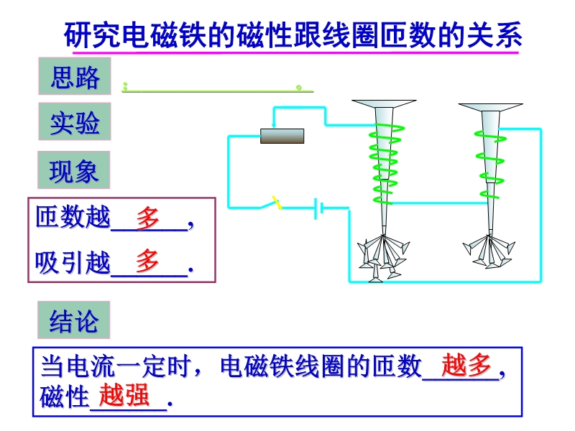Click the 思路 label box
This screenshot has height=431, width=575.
click(75, 76)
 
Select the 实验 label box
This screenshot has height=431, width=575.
click(75, 121)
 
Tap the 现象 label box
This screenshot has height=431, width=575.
click(74, 170)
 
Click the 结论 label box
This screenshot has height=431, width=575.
click(74, 320)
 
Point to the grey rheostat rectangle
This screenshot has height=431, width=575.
click(282, 136)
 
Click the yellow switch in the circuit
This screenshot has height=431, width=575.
click(277, 203)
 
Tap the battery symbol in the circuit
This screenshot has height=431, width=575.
click(318, 208)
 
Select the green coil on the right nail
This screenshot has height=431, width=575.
click(491, 164)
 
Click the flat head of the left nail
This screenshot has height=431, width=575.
click(384, 103)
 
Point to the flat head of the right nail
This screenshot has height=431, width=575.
click(491, 107)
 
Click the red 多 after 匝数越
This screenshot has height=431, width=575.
click(148, 218)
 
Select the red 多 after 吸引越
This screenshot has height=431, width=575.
click(147, 261)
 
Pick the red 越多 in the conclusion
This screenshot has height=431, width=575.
click(466, 366)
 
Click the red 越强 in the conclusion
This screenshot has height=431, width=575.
click(124, 395)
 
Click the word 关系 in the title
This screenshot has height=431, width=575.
click(494, 35)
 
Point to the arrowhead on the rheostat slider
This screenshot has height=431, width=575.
click(274, 125)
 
